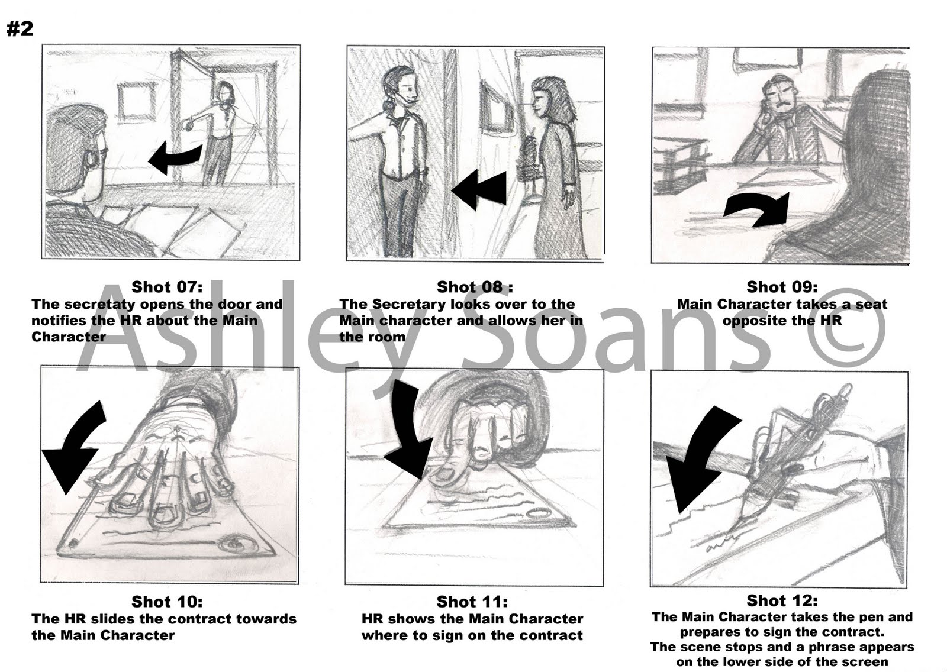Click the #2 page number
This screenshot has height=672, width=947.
[20, 29]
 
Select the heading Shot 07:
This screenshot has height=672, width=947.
[167, 287]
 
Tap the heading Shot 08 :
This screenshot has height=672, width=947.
[474, 287]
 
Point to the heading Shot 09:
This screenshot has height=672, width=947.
[782, 287]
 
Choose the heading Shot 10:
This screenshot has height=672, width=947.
[167, 601]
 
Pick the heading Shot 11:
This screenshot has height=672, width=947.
[472, 601]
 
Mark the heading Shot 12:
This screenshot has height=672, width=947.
[782, 600]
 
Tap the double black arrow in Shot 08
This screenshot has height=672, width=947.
[479, 189]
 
